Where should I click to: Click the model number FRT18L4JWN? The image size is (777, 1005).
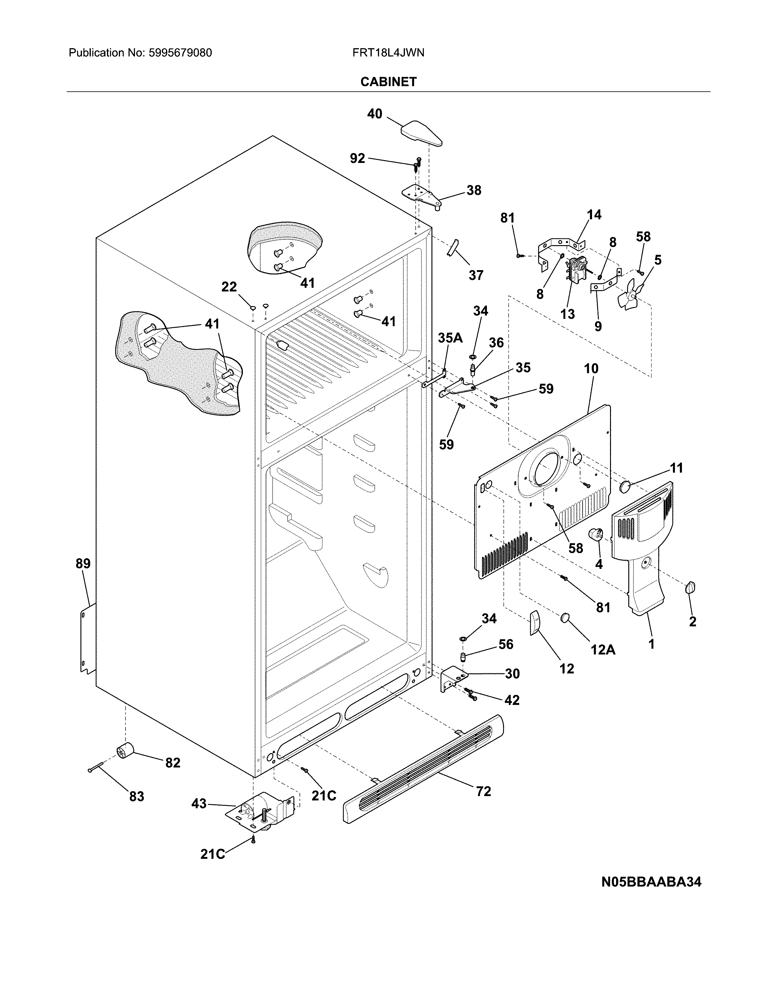pyautogui.click(x=388, y=53)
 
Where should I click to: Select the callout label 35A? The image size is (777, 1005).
pyautogui.click(x=450, y=338)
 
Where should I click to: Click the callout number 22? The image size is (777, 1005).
pyautogui.click(x=229, y=287)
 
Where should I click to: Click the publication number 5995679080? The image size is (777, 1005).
pyautogui.click(x=180, y=53)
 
